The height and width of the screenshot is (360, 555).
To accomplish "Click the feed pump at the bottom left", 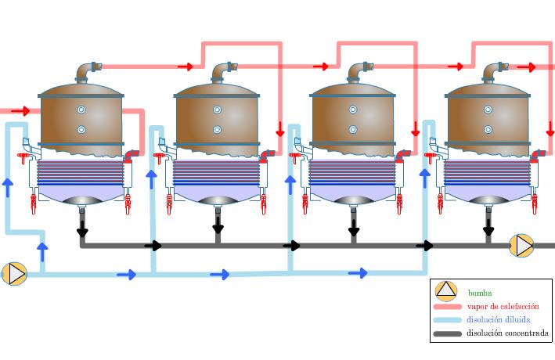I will click(x=14, y=273).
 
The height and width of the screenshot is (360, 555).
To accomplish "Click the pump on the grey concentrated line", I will click(x=521, y=246).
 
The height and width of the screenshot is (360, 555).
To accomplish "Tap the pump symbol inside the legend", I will click(x=445, y=291).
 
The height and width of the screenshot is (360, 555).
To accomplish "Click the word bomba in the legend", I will click(x=481, y=293).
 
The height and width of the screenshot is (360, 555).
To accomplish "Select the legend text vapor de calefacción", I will click(x=503, y=307).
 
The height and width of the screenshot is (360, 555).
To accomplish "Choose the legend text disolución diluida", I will click(x=498, y=320).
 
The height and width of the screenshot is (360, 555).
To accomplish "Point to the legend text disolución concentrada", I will click(x=507, y=333).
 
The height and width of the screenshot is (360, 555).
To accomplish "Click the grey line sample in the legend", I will click(x=446, y=334).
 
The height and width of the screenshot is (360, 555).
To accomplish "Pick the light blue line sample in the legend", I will click(x=446, y=320).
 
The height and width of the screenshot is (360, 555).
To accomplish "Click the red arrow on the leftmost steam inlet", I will click(x=20, y=111).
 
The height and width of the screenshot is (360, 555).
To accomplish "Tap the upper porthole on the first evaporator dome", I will click(x=81, y=109).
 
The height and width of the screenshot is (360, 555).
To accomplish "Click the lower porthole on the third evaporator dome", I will click(x=353, y=129).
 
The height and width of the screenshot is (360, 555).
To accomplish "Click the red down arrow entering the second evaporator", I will click(x=280, y=128).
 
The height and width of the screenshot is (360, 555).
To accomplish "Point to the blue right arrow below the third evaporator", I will click(x=358, y=273).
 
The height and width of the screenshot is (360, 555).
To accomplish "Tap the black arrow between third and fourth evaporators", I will click(x=425, y=246).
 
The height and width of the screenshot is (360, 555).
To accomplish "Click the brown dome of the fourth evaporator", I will click(x=488, y=121).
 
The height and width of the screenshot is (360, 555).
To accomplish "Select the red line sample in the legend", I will click(x=446, y=307).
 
